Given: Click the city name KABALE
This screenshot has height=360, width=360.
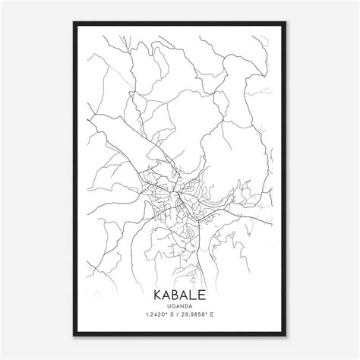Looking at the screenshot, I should [180, 294].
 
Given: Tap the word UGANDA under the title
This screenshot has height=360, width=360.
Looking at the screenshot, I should [180, 305].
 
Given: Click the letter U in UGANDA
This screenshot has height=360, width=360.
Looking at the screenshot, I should [169, 305].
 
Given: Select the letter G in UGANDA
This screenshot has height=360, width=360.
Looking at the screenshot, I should [173, 305].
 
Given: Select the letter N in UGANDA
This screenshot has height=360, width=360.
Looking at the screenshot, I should [182, 305].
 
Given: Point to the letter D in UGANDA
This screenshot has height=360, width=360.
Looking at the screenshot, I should [187, 305].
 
